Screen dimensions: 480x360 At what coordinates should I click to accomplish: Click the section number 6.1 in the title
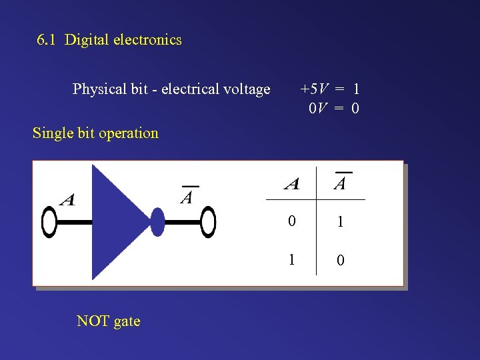pyautogui.click(x=47, y=40)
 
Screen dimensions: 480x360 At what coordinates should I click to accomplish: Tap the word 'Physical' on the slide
pyautogui.click(x=98, y=89)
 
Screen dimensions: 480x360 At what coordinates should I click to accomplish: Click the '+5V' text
pyautogui.click(x=313, y=89)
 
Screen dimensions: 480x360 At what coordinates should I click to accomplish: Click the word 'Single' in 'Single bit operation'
pyautogui.click(x=53, y=133)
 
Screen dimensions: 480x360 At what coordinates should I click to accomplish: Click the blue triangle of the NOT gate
pyautogui.click(x=117, y=221)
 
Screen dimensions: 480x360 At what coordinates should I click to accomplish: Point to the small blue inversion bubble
pyautogui.click(x=157, y=222)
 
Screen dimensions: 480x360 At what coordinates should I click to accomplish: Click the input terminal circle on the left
pyautogui.click(x=50, y=223)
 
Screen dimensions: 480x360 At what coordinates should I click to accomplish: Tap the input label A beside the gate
pyautogui.click(x=67, y=199)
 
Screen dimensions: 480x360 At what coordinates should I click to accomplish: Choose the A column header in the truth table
pyautogui.click(x=291, y=183)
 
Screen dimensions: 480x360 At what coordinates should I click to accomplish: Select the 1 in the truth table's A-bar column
pyautogui.click(x=341, y=222)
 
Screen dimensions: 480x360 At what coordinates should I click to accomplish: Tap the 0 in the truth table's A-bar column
pyautogui.click(x=341, y=259)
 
